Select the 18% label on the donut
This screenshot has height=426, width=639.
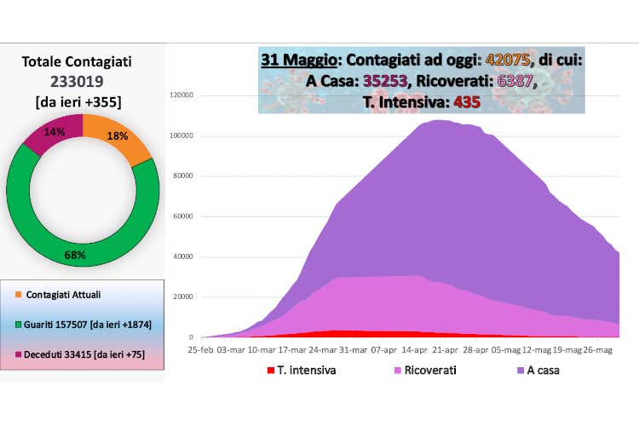coord(117,136)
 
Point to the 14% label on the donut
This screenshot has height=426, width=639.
coord(54,133)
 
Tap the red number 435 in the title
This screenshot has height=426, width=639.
coord(467,101)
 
